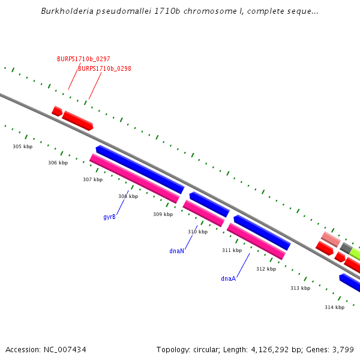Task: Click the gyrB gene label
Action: pos(109,217)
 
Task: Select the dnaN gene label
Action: pos(176,251)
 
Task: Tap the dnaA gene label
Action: pos(228,278)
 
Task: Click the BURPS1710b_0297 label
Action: pos(83,59)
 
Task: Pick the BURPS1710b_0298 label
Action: pos(104,68)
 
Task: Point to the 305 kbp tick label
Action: pos(22,146)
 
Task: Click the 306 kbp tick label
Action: pos(58,163)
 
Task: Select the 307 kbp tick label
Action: pos(92,179)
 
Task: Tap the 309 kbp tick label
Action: pos(163,214)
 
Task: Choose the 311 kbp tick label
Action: pos(232,250)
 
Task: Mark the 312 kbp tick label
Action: pos(266,269)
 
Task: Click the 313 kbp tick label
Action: pos(300,288)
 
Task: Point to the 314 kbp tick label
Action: pos(334,307)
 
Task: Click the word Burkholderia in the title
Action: pos(65,11)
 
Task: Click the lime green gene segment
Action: pos(355,253)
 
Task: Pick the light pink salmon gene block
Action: pos(331,239)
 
